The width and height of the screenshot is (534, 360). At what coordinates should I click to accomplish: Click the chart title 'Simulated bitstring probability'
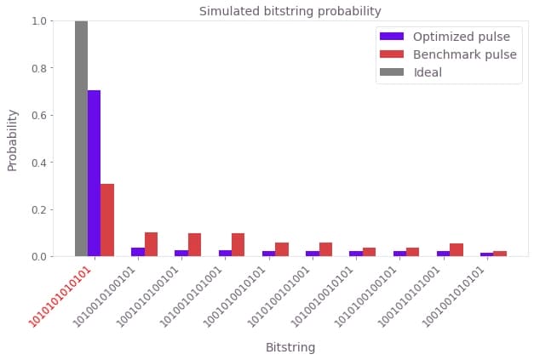290,11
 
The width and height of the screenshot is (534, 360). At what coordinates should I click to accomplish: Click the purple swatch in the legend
392,37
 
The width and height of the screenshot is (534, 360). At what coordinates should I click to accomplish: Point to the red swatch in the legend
392,55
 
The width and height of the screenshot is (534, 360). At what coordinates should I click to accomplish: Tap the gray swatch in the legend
392,73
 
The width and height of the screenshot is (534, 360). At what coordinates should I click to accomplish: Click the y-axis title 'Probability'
13,139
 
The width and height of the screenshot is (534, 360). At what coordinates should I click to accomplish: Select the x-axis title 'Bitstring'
290,348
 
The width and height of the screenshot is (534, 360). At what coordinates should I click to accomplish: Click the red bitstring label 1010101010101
61,298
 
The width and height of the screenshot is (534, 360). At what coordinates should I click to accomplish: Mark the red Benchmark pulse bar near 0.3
107,220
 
